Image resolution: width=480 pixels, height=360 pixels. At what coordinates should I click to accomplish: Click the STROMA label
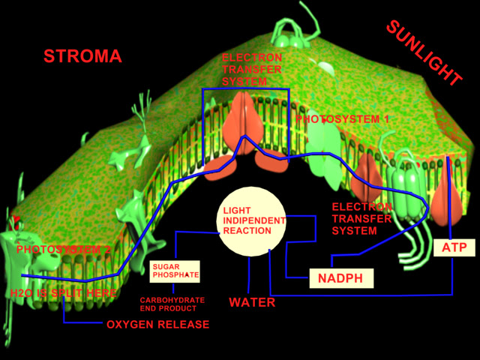click(82, 56)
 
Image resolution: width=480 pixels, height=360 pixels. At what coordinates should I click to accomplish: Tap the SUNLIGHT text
click(424, 52)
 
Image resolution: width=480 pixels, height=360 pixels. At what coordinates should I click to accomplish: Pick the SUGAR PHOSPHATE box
click(175, 271)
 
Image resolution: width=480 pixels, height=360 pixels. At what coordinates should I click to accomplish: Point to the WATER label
click(252, 303)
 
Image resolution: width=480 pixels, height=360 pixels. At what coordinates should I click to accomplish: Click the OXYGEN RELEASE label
click(158, 325)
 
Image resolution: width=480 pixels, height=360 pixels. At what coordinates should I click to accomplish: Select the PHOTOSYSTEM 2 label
click(64, 249)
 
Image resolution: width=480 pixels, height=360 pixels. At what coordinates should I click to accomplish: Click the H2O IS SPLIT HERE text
click(64, 292)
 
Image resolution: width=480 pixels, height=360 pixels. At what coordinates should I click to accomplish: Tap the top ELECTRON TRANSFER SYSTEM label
click(252, 70)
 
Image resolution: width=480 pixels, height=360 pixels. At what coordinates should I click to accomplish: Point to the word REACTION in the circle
click(247, 231)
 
